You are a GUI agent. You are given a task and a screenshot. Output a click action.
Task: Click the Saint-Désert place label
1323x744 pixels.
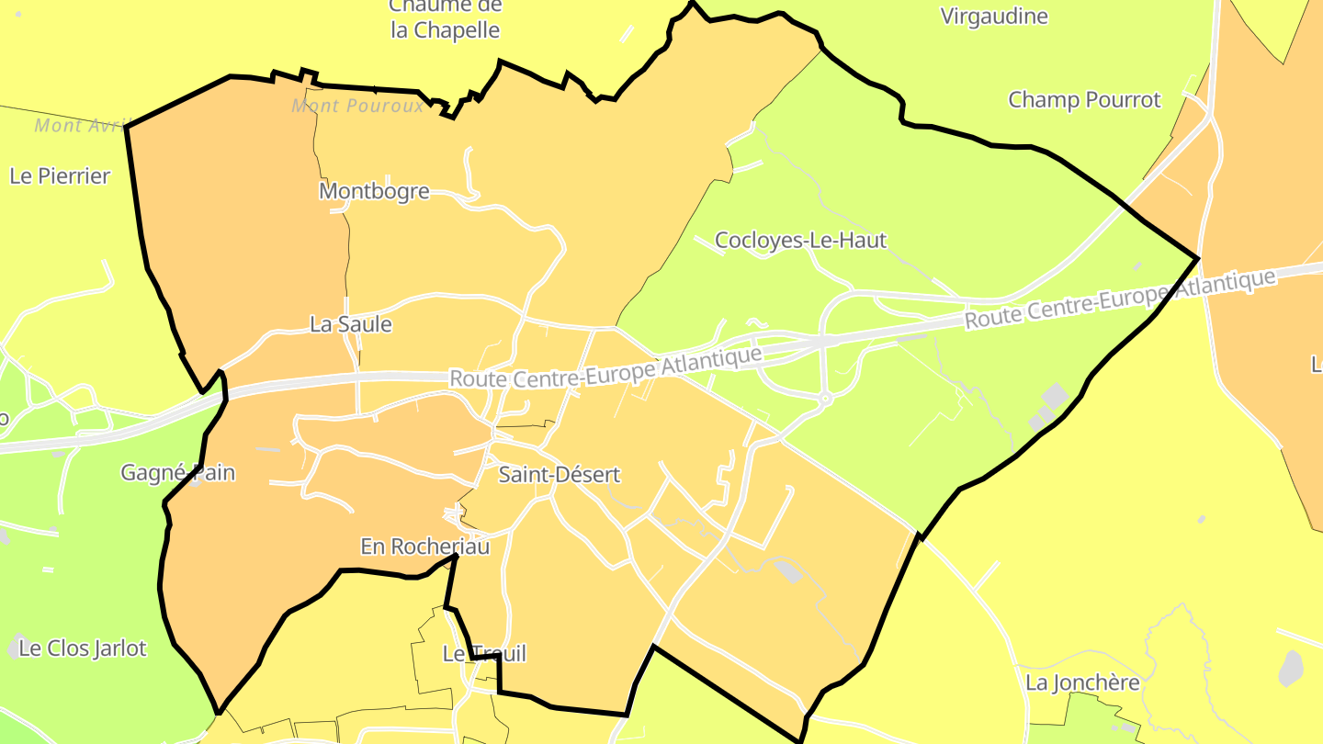[x=559, y=475]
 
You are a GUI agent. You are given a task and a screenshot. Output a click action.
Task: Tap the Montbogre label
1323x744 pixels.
[x=374, y=191]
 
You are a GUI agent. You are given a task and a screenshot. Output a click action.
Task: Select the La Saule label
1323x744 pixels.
[x=350, y=324]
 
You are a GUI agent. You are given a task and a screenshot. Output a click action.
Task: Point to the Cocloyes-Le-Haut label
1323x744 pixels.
[x=800, y=241]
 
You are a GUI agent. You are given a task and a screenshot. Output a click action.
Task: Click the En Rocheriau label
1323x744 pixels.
[x=424, y=547]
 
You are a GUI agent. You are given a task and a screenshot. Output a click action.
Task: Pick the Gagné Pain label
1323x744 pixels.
[x=178, y=473]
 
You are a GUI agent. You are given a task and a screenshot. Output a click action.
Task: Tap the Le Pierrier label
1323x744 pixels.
[x=60, y=175]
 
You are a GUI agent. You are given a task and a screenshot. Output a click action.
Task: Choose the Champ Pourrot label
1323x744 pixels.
[x=1084, y=99]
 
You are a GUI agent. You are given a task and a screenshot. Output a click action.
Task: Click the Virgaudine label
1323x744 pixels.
[x=994, y=16]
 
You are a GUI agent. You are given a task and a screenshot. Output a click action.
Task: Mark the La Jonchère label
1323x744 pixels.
[x=1082, y=682]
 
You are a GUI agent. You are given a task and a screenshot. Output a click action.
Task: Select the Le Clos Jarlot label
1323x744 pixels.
[x=83, y=648]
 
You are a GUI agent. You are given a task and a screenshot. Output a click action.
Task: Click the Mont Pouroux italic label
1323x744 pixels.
[x=357, y=106]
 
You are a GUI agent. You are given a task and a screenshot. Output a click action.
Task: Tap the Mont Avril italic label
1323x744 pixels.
[x=80, y=125]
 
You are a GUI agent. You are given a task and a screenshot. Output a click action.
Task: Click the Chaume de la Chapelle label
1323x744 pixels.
[x=446, y=18]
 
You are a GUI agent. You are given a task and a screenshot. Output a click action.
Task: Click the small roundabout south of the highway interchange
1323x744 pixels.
[x=825, y=399]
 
